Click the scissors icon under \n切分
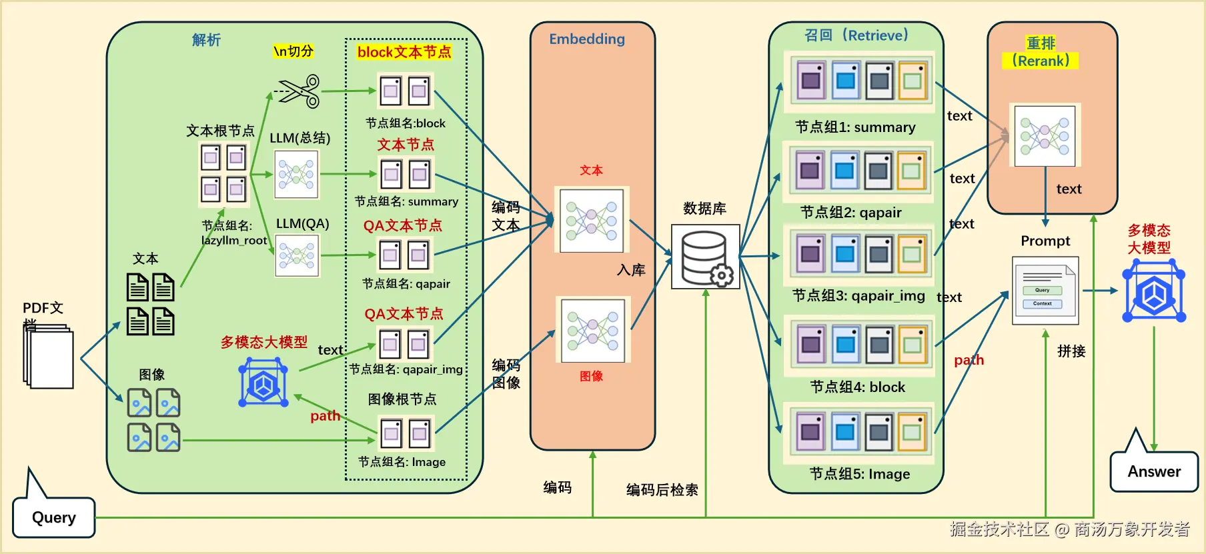pos(299,91)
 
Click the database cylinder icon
pos(706,257)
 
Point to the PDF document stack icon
pos(49,357)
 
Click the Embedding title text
pos(587,39)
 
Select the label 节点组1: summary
pos(855,127)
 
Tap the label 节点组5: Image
pos(860,474)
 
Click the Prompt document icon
pos(1045,291)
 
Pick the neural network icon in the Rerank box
pos(1045,135)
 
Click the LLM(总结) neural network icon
pos(297,175)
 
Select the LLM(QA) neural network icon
pos(297,255)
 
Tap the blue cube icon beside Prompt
pos(1154,291)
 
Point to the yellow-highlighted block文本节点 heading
pos(404,52)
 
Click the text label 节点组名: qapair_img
pos(406,369)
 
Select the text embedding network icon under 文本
pos(592,220)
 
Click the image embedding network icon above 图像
pos(593,331)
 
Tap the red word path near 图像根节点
pos(325,416)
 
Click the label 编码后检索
pos(662,490)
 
